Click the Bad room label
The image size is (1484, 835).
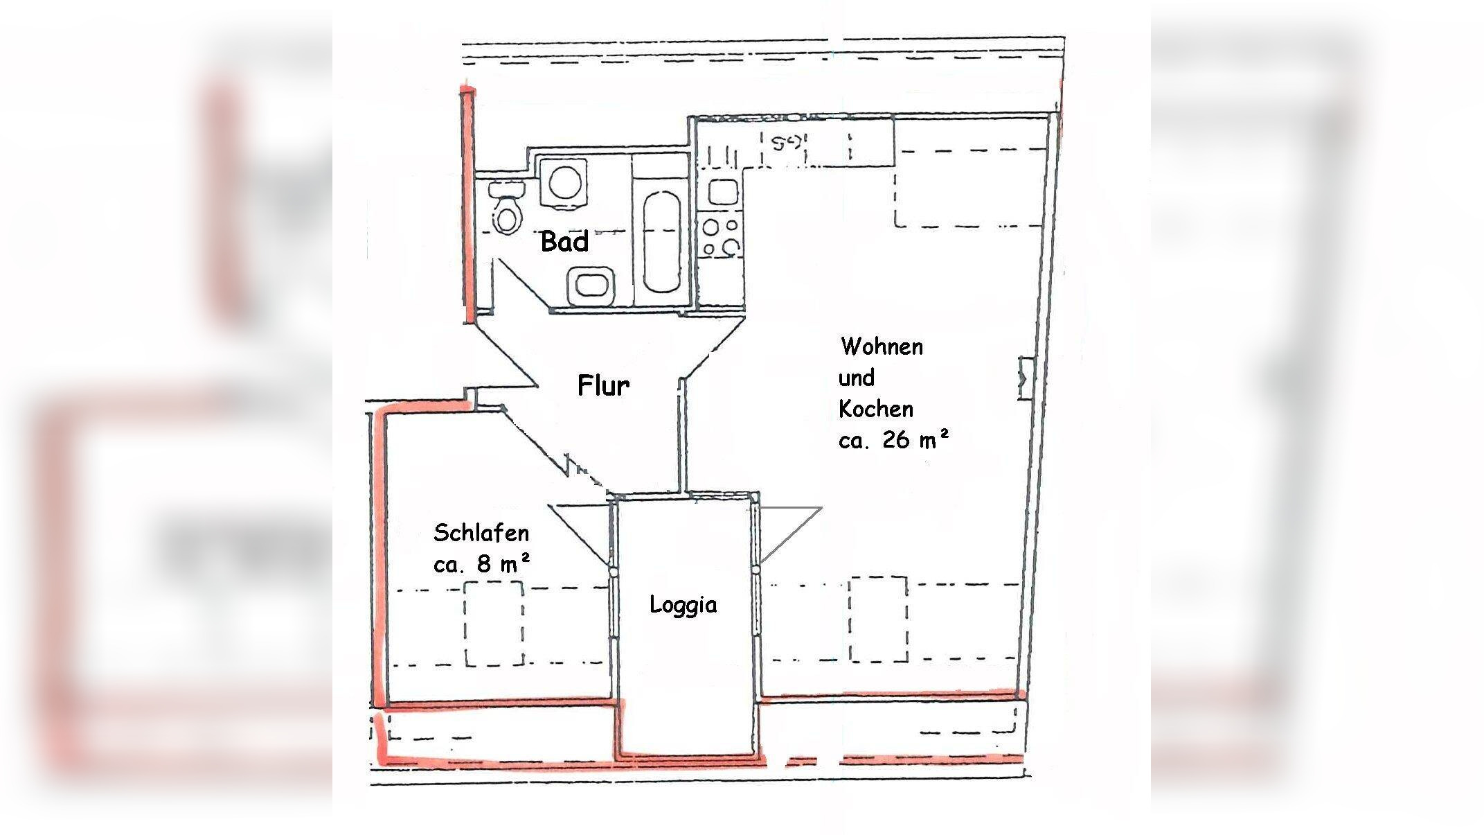click(x=564, y=242)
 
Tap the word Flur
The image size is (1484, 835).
click(x=603, y=385)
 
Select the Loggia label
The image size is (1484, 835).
click(x=683, y=605)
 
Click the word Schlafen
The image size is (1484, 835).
click(x=481, y=533)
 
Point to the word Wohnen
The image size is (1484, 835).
click(x=882, y=346)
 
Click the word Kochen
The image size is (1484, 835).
click(x=876, y=409)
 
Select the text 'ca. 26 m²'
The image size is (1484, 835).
click(x=893, y=440)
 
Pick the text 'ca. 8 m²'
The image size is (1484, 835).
click(x=482, y=564)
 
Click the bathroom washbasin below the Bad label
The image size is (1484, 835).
click(x=592, y=286)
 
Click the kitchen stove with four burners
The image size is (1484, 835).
click(x=721, y=236)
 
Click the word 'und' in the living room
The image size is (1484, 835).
click(x=856, y=378)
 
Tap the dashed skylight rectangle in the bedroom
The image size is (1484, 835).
click(x=493, y=624)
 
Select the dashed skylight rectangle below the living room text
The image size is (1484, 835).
click(x=878, y=619)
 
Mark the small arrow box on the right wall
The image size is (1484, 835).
click(x=1025, y=378)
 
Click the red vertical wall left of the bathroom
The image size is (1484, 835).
click(x=469, y=204)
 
